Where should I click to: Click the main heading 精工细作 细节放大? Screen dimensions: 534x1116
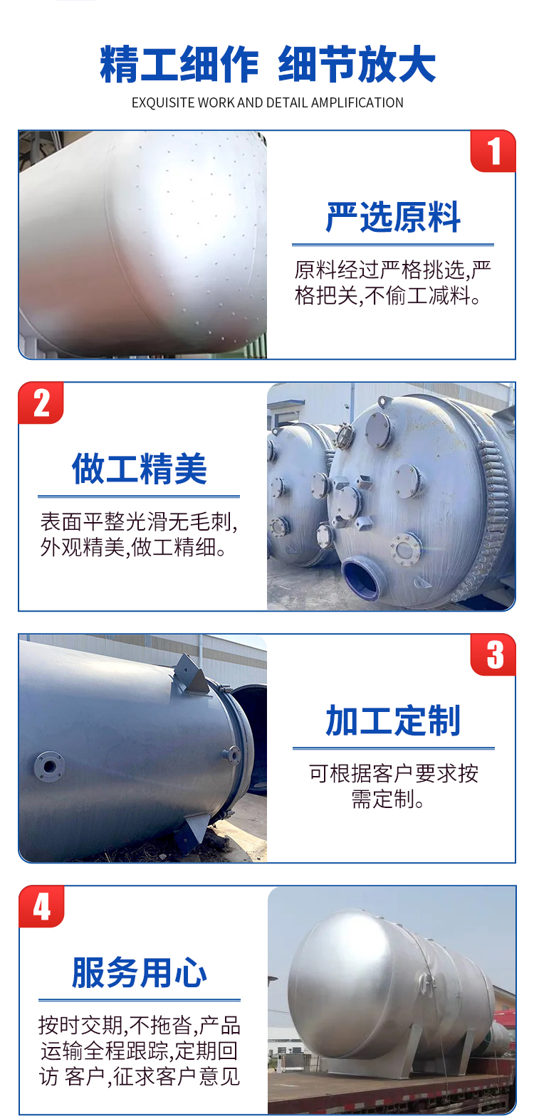click(267, 64)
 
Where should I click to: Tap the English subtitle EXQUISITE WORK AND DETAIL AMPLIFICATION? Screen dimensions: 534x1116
click(267, 102)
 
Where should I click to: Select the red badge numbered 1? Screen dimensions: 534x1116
click(493, 151)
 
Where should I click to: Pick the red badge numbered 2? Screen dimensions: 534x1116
click(41, 403)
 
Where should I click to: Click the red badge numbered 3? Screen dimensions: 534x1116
click(493, 654)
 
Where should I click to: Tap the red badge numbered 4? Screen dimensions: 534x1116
click(41, 906)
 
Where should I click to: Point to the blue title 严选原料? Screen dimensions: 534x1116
click(393, 217)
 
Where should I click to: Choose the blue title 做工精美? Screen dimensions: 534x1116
click(139, 469)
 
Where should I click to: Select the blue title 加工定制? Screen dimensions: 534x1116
click(393, 721)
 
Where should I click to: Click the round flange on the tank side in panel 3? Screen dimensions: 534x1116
click(49, 766)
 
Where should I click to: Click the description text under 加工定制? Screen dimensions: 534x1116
click(393, 787)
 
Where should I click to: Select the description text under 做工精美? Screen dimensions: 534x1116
click(139, 535)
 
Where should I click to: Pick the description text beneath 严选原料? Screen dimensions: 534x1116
click(393, 283)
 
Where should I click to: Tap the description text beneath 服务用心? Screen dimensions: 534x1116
click(140, 1051)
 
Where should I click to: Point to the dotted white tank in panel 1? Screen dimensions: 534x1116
click(145, 244)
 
